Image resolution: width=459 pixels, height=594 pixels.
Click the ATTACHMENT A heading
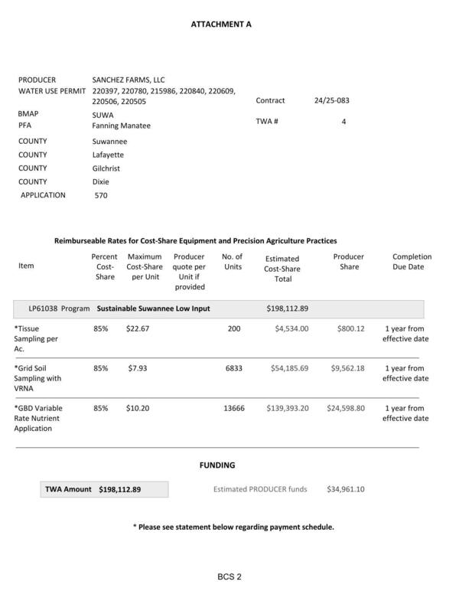tap(221, 24)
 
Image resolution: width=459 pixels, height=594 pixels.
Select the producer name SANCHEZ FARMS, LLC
tap(129, 80)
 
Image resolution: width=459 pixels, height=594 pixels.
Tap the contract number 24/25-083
tap(332, 100)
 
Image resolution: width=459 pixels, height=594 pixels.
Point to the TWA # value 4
tap(344, 122)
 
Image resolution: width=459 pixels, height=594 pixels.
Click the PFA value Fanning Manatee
tap(121, 126)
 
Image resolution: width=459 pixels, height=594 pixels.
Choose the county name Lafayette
tap(108, 155)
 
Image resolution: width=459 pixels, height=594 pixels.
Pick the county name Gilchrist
tap(106, 168)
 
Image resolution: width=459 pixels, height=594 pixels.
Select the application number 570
tap(101, 195)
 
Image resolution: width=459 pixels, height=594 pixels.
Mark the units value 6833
tap(234, 368)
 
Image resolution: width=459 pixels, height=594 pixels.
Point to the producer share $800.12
tap(350, 328)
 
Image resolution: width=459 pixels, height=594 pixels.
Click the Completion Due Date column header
tap(412, 262)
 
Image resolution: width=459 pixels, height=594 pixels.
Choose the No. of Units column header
tap(232, 262)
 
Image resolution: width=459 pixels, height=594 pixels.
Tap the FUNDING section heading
tap(217, 465)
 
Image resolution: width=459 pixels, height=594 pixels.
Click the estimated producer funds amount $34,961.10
tap(346, 489)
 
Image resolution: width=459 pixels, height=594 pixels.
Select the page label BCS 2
tap(229, 576)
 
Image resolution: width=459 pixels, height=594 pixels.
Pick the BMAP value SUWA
tap(103, 115)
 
